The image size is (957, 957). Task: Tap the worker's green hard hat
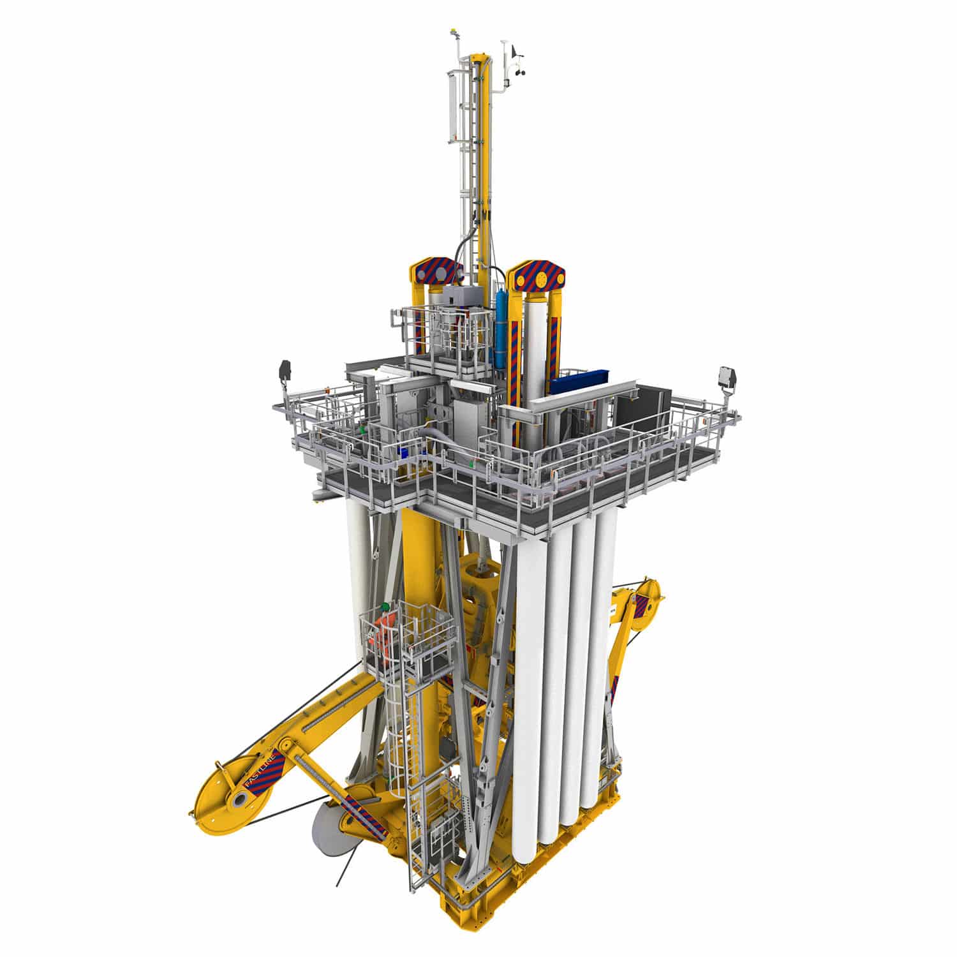pyautogui.click(x=385, y=606)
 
